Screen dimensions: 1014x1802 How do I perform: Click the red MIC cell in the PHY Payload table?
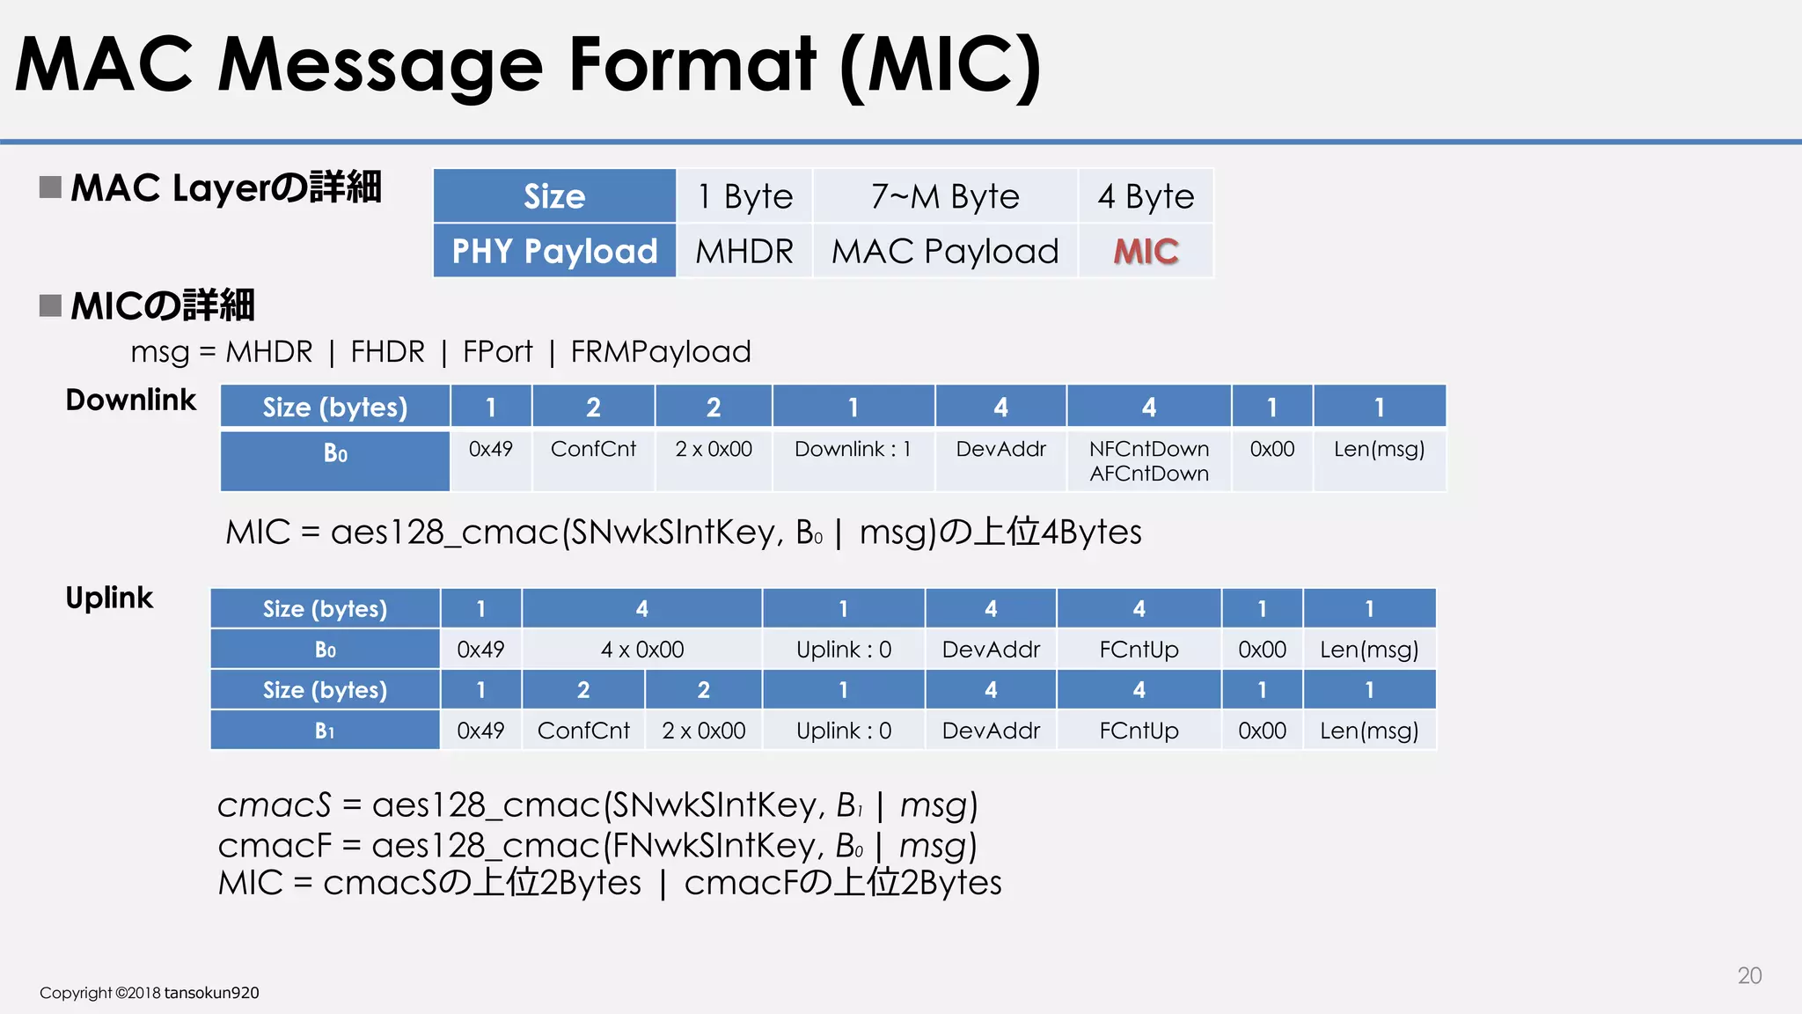(1146, 252)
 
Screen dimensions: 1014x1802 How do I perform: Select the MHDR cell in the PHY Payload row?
(744, 252)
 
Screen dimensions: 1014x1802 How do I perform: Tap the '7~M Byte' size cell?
(945, 196)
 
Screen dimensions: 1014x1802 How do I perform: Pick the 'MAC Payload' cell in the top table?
(945, 252)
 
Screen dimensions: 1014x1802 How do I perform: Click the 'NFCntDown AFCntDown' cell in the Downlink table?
(1148, 461)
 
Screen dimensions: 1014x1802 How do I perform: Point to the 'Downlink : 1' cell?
(853, 450)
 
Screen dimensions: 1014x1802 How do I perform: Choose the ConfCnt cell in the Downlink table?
(593, 450)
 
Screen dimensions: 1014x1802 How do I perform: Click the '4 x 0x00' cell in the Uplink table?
(641, 650)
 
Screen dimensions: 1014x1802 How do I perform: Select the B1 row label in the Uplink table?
(325, 731)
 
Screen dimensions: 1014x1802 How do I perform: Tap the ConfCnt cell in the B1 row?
(583, 731)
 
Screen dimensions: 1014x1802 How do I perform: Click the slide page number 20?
(1749, 975)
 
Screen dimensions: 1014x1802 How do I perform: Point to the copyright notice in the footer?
(150, 993)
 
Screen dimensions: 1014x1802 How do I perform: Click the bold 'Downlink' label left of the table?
(131, 400)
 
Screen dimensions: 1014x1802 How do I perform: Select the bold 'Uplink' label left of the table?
(109, 599)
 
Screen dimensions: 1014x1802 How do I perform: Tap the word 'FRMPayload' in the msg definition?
(661, 352)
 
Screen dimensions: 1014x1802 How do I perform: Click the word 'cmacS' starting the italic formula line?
(274, 805)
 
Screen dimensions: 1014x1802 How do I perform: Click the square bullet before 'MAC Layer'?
(50, 187)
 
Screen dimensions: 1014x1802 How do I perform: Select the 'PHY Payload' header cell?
(554, 252)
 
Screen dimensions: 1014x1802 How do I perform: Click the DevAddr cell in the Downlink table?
(1000, 450)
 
